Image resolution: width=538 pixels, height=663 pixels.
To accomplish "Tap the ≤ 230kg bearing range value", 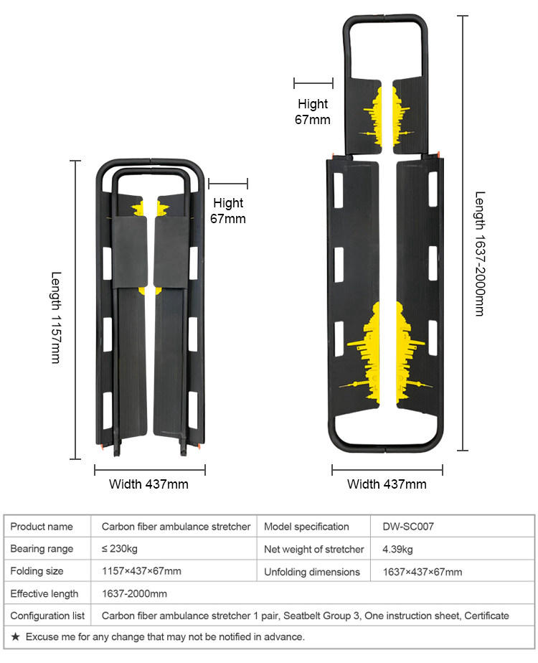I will click(x=120, y=550).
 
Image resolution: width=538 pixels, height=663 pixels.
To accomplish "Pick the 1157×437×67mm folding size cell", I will click(x=141, y=572).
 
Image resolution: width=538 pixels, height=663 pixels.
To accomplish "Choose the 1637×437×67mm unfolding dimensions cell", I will click(x=423, y=572).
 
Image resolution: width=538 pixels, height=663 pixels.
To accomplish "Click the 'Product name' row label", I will click(x=42, y=527).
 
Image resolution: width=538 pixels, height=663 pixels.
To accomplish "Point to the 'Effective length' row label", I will click(x=44, y=594).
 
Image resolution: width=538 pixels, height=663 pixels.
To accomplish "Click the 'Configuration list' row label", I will click(x=47, y=616).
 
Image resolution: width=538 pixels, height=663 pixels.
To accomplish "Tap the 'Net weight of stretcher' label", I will click(x=314, y=550).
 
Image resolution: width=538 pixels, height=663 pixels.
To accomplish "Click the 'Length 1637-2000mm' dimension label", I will click(x=479, y=253).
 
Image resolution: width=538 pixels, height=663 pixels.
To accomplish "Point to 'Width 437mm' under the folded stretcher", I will click(x=148, y=484).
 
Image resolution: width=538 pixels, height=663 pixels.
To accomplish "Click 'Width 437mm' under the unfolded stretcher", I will click(x=387, y=484).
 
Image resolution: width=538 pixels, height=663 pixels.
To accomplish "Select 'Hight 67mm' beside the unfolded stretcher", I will click(x=313, y=112).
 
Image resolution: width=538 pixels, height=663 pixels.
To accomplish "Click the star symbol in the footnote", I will click(x=16, y=636).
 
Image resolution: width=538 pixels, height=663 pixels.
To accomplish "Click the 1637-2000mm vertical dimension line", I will click(x=463, y=232).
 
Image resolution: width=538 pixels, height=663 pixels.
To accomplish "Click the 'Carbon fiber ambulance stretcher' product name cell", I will click(x=176, y=527).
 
